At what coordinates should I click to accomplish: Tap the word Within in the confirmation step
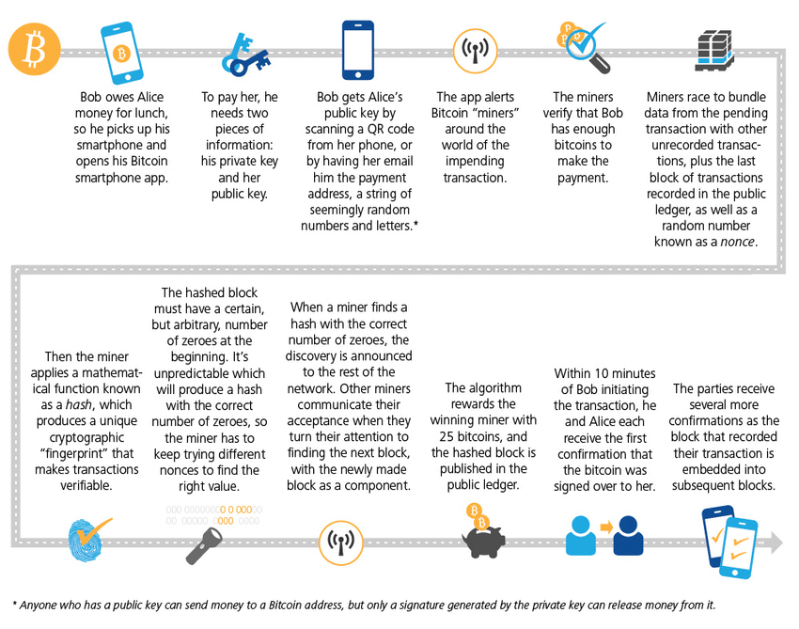tap(574, 373)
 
